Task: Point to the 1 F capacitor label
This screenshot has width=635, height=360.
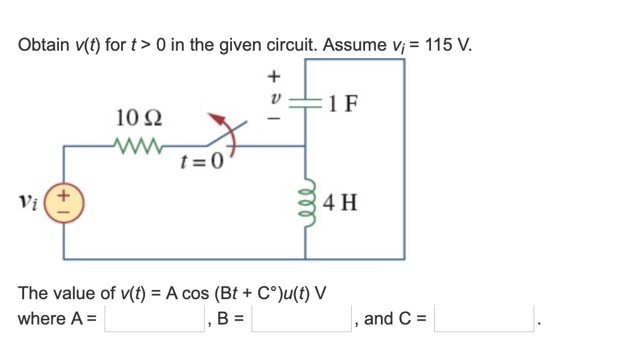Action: [x=342, y=103]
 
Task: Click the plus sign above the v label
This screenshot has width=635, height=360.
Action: [x=274, y=77]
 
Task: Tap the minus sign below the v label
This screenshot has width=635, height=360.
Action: [x=274, y=119]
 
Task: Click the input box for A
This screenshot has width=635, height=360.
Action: [x=154, y=319]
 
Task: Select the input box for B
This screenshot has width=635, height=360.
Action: [x=301, y=319]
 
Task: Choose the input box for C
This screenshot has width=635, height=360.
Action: [x=484, y=319]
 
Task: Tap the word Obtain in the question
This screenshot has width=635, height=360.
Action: [x=43, y=46]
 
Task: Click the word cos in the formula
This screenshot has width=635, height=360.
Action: [x=197, y=293]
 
